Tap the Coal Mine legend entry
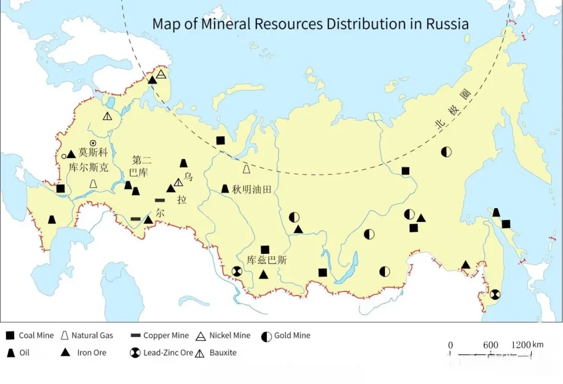click(30, 336)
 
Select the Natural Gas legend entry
click(86, 336)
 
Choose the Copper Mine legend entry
click(159, 336)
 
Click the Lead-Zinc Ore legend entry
click(162, 353)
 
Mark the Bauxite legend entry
click(217, 353)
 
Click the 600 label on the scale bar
click(490, 345)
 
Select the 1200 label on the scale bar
click(521, 345)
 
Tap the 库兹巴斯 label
click(267, 260)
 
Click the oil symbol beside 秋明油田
click(225, 189)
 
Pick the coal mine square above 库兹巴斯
click(265, 249)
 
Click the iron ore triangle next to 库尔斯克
click(71, 154)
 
